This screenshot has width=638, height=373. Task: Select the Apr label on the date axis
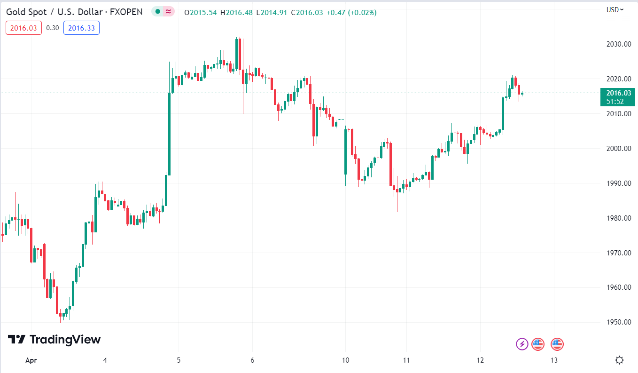pos(31,360)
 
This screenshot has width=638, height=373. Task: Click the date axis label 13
pos(554,360)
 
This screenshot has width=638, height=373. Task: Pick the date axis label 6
pos(253,360)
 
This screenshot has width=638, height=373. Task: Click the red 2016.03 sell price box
pos(23,28)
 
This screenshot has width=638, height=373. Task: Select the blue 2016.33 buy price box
pos(81,28)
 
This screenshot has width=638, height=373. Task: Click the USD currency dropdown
pos(615,9)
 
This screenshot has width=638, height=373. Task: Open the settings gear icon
pos(619,360)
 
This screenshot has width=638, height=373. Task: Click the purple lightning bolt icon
pos(522,344)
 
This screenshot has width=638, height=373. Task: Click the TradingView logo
pos(54,340)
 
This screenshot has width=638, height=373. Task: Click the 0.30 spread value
pos(53,28)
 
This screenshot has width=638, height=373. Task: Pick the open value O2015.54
pos(201,12)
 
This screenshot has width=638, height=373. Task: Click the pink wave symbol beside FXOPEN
pos(168,12)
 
